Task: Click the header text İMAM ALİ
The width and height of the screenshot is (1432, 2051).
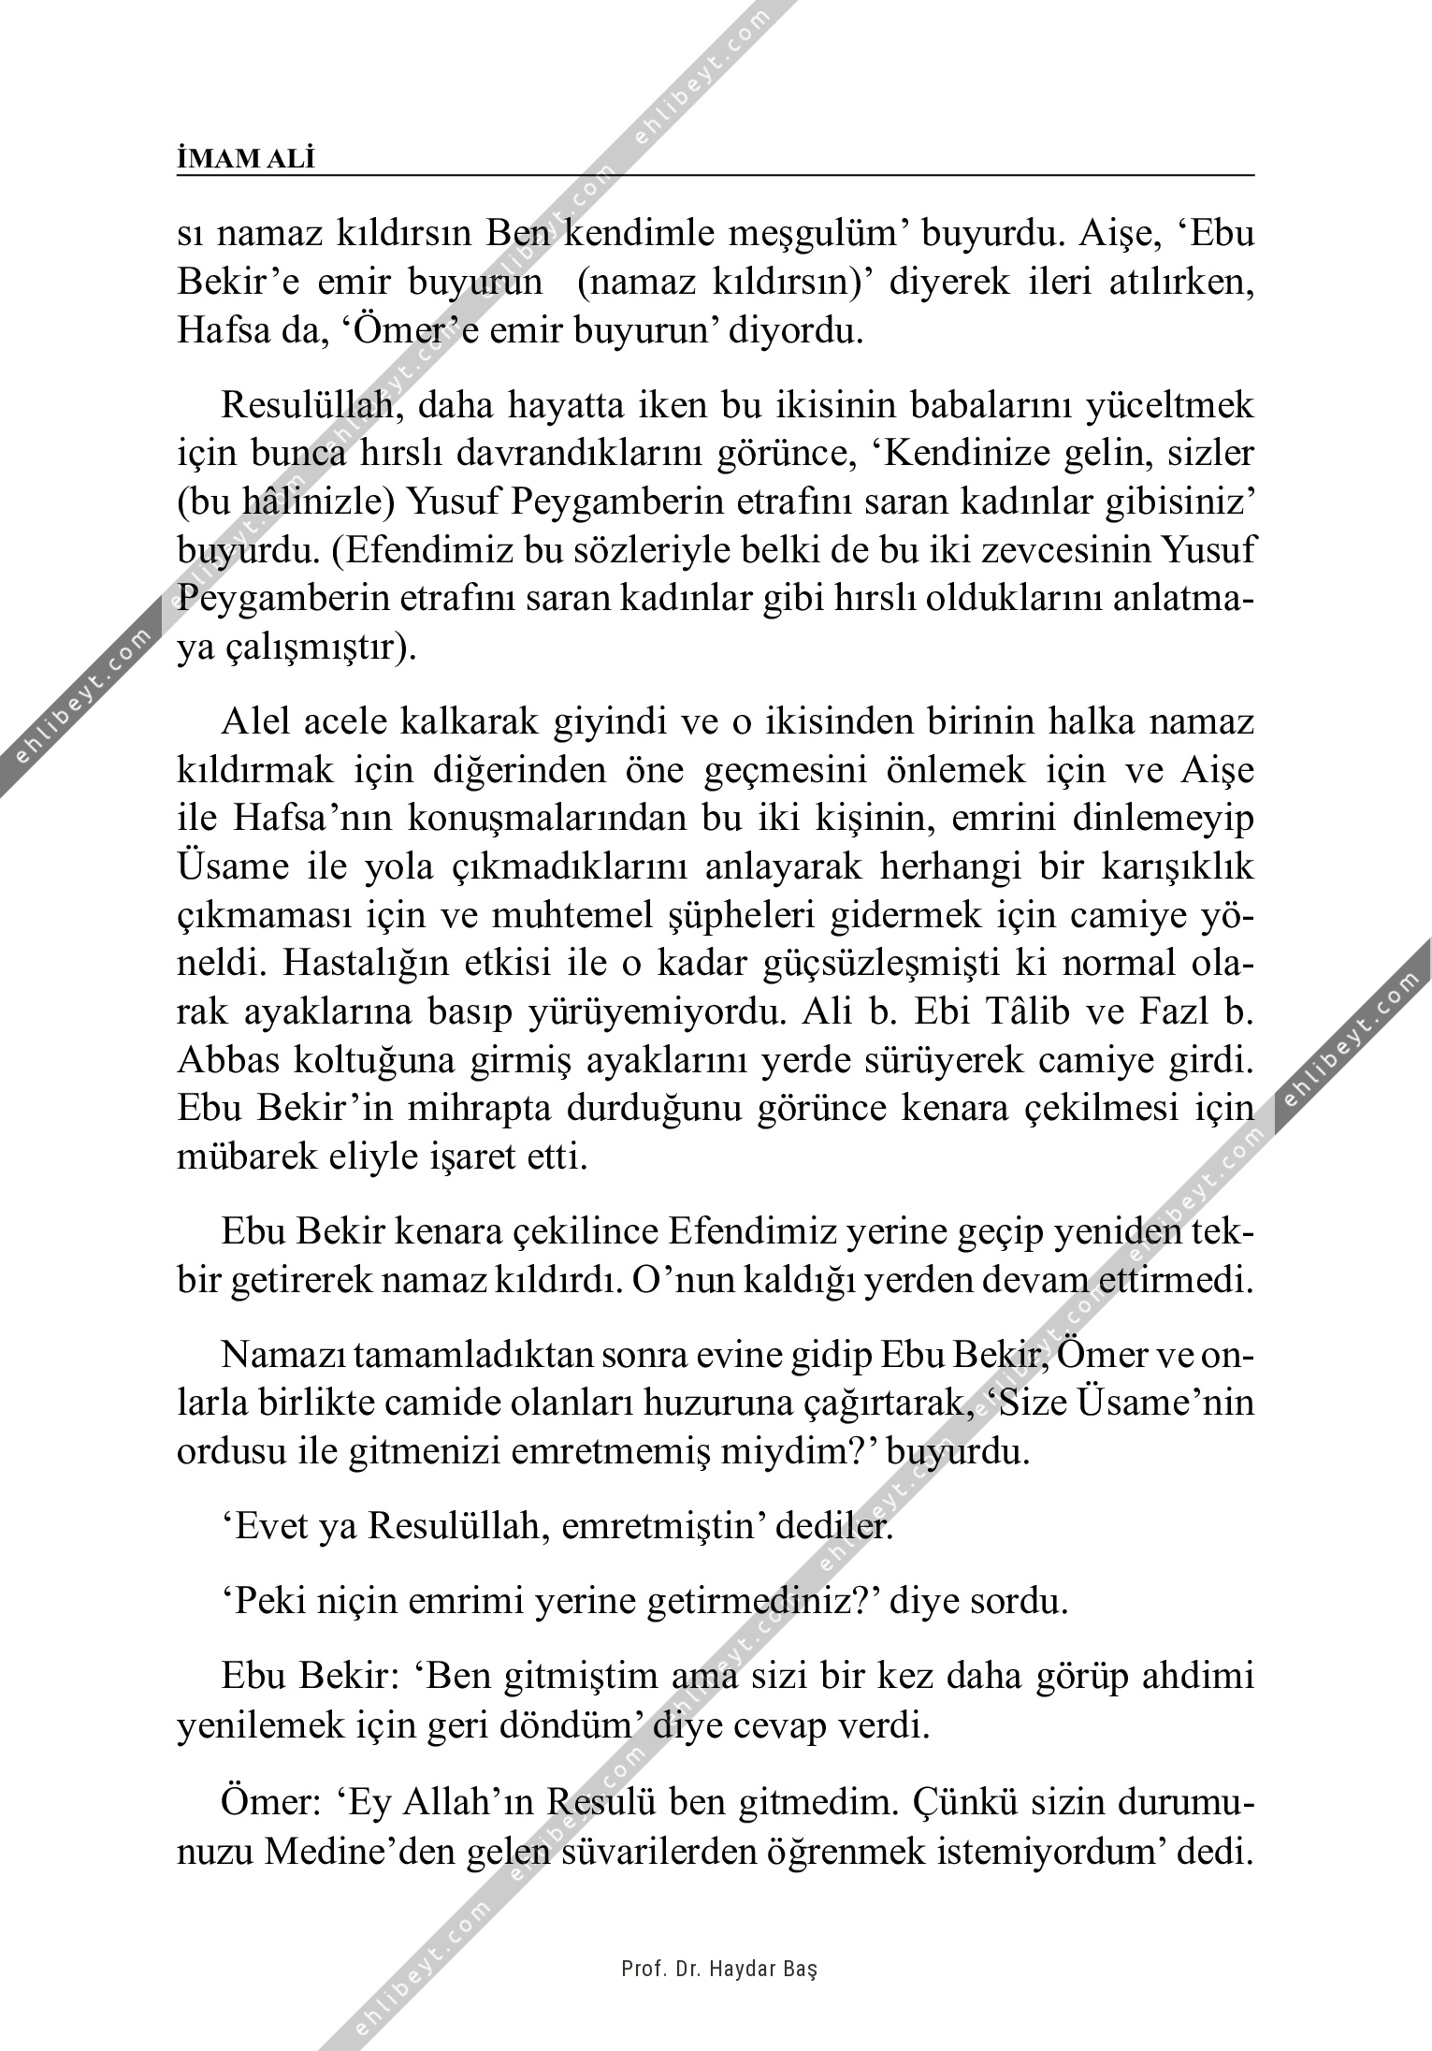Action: tap(246, 159)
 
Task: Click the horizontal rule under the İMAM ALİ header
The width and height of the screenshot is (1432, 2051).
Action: tap(716, 174)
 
